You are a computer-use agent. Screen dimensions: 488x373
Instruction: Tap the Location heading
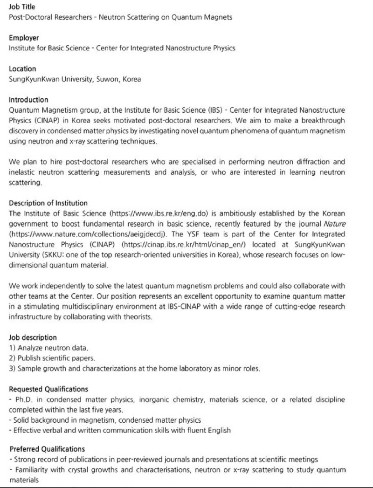[x=22, y=69]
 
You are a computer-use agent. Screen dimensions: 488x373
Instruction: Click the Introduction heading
[x=28, y=100]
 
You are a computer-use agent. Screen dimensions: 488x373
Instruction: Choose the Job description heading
[x=33, y=337]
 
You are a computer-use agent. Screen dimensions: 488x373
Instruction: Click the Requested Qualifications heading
[x=48, y=389]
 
